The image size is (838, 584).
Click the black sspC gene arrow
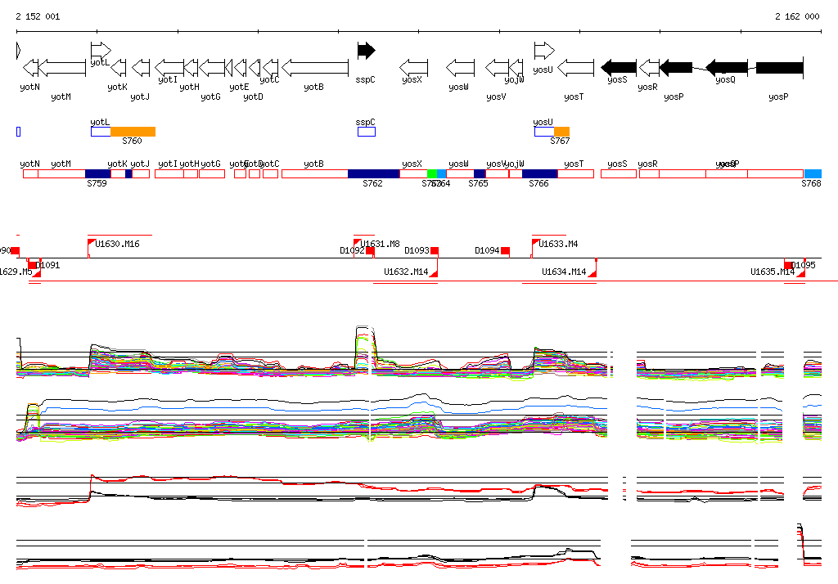[366, 51]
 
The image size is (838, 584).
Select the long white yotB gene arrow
[315, 67]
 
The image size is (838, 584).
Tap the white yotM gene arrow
[62, 67]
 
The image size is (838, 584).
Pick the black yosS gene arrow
[619, 67]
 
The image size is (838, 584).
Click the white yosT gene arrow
[576, 67]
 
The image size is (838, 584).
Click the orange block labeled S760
[133, 132]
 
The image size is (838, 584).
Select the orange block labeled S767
[561, 132]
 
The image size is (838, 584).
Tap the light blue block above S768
[813, 173]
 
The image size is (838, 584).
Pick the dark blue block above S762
[373, 173]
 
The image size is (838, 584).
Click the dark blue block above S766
[539, 173]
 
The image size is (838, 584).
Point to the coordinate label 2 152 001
[37, 16]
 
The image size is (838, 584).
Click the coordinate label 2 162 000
[796, 16]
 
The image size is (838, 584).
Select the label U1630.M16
[117, 244]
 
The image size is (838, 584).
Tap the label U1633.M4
[558, 244]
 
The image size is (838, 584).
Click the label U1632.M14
[406, 272]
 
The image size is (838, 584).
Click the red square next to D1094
[506, 250]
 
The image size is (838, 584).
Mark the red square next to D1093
[435, 250]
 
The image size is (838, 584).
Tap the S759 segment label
[97, 184]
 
